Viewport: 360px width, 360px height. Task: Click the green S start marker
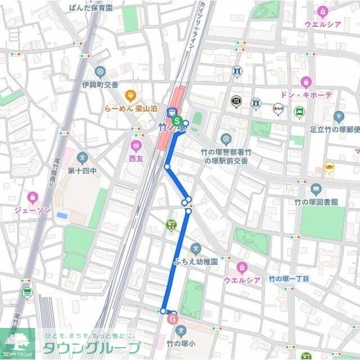[x=177, y=120]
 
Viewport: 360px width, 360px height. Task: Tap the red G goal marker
[x=173, y=319]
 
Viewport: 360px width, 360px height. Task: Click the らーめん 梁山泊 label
[x=130, y=109]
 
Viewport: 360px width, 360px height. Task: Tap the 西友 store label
[x=136, y=159]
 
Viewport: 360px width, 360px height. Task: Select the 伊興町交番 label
[x=100, y=84]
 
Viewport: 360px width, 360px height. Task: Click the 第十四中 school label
[x=83, y=170]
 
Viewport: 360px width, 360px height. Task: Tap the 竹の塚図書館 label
[x=316, y=201]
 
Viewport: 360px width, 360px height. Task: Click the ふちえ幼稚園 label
[x=195, y=262]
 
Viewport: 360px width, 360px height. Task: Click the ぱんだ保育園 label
[x=90, y=8]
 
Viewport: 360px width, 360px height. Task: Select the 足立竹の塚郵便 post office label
[x=335, y=129]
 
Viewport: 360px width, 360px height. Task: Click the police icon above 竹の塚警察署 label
[x=226, y=139]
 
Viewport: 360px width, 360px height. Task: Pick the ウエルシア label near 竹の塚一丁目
[x=242, y=280]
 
